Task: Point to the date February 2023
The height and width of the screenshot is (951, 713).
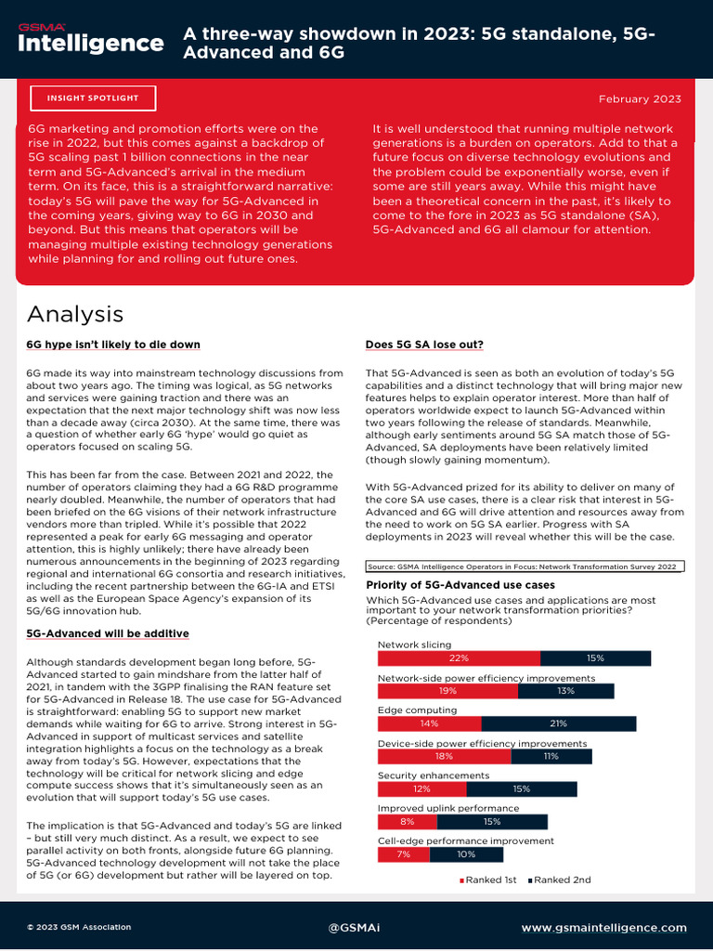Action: (640, 99)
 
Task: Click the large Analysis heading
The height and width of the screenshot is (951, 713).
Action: (75, 313)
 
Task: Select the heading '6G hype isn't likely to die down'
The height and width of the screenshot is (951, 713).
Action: (113, 345)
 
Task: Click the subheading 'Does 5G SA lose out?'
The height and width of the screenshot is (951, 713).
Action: (424, 345)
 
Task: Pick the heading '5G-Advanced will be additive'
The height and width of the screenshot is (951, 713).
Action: (108, 633)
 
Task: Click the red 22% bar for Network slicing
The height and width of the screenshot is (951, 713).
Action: (459, 658)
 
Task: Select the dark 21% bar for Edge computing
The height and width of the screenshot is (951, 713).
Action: (558, 723)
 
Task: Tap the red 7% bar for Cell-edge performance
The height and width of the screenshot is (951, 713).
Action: (404, 854)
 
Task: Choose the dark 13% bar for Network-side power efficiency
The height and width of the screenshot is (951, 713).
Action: (566, 691)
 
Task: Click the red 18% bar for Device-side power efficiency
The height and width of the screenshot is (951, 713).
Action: (444, 756)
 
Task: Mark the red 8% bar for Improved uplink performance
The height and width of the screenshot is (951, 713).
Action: (407, 822)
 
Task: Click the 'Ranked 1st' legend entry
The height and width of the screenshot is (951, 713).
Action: (488, 879)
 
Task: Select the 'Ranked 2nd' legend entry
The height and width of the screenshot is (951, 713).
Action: (560, 879)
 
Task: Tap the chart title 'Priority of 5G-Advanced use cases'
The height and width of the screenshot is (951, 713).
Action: (460, 585)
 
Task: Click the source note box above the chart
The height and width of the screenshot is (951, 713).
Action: (525, 566)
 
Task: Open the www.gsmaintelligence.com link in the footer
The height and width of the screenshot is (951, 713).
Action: (603, 927)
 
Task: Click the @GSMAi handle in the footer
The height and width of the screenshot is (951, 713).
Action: (356, 927)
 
